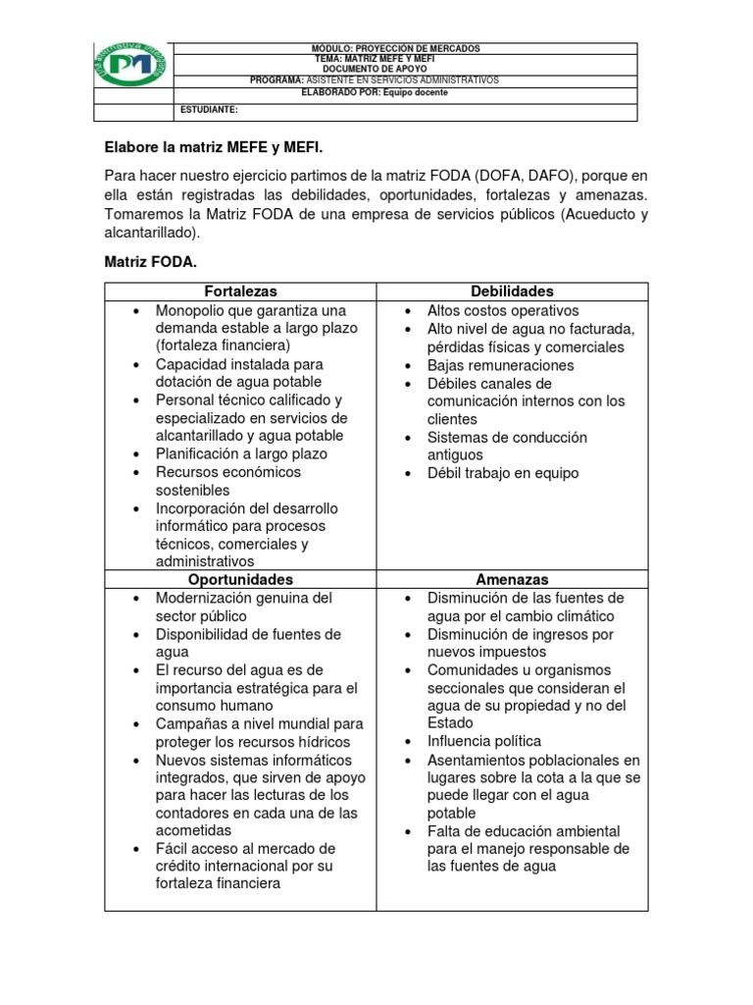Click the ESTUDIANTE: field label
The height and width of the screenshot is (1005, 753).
[209, 111]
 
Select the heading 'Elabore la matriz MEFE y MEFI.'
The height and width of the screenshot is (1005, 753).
[213, 147]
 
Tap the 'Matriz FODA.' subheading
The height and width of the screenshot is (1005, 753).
[152, 263]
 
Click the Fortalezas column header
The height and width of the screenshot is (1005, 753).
[240, 291]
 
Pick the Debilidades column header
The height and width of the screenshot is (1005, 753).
[512, 291]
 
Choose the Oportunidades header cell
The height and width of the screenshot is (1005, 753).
[240, 580]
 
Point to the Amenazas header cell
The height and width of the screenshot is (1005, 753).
[512, 580]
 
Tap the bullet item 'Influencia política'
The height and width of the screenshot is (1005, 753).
[483, 741]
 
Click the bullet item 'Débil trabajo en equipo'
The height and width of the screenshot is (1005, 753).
[503, 473]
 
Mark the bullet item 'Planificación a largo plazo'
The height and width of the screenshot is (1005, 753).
[241, 454]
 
